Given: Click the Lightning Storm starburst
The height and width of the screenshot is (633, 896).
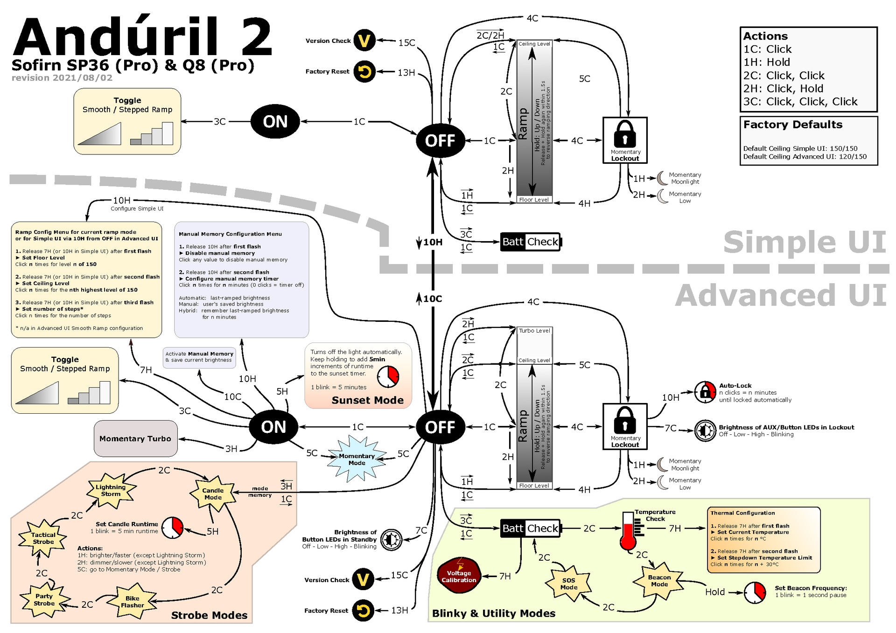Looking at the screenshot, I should (111, 490).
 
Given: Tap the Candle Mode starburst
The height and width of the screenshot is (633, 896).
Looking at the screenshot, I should (213, 494).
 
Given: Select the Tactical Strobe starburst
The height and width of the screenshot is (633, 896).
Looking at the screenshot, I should (43, 538).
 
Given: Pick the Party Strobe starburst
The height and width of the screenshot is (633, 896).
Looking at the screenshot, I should (44, 600).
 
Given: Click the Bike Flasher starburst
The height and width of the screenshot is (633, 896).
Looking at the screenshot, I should (132, 602).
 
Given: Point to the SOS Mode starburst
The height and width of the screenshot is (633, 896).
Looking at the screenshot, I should (568, 584).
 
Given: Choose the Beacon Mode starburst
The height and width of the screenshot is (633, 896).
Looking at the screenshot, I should (659, 581).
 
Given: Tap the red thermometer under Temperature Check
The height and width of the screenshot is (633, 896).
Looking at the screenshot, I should (628, 532).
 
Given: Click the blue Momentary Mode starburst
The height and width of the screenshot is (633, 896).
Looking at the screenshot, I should (357, 459).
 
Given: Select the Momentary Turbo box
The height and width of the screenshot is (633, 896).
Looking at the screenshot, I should (135, 438).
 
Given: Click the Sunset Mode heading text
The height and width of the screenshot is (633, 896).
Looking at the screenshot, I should (367, 400).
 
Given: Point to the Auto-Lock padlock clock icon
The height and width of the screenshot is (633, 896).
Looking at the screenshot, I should (705, 392).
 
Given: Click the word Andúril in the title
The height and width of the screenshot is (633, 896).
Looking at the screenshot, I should (117, 37).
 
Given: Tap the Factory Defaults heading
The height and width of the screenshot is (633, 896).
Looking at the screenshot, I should (792, 125).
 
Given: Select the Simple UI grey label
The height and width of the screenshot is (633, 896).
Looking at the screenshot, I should (804, 242).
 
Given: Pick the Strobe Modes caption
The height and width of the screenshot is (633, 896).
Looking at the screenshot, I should (209, 615).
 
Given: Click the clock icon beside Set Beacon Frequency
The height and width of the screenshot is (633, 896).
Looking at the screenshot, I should (755, 592).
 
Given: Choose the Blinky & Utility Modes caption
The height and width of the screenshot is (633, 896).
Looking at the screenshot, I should (493, 613).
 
